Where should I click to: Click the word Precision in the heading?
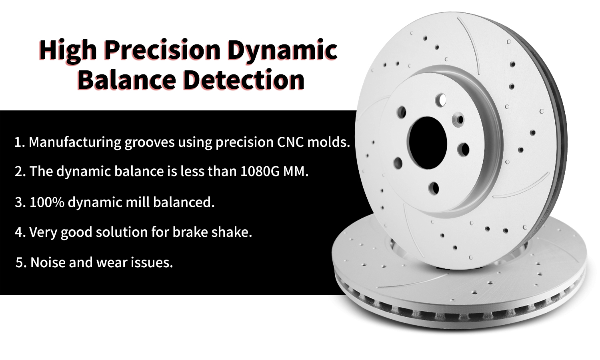(162, 50)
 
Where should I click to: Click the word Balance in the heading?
(127, 80)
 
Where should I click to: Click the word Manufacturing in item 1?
(75, 142)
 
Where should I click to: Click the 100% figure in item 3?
(47, 202)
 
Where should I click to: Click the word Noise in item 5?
(48, 262)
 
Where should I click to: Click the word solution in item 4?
(122, 232)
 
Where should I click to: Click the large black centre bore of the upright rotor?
(427, 143)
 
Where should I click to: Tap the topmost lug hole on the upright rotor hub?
(441, 100)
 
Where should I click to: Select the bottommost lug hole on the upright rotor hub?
(433, 188)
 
